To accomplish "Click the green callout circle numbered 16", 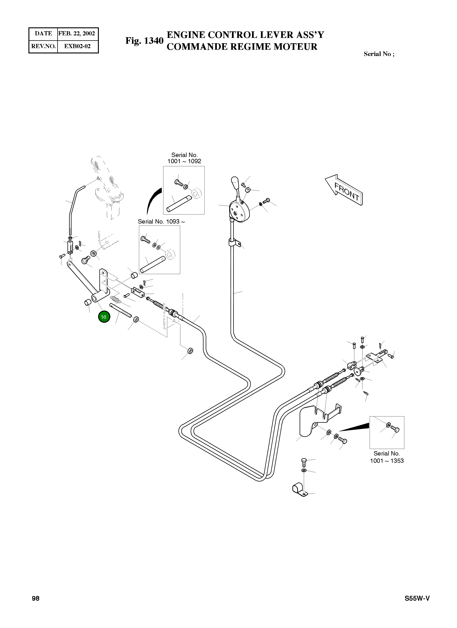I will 104,317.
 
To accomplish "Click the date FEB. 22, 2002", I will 77,34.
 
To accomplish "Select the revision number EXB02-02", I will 77,46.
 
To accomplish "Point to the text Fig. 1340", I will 144,41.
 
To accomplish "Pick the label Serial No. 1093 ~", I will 161,222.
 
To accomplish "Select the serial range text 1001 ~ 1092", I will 184,161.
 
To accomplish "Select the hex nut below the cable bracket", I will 190,351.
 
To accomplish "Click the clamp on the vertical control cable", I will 234,243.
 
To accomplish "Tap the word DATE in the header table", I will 43,34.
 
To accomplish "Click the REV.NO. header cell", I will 43,46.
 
